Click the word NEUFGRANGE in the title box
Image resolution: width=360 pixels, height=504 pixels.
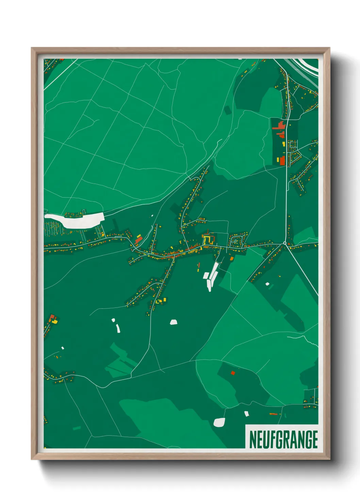[283, 439]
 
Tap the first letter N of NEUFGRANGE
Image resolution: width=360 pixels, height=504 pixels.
[252, 439]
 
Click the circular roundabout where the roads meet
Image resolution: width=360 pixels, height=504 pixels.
[285, 243]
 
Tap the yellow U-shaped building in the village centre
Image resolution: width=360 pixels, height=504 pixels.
[208, 240]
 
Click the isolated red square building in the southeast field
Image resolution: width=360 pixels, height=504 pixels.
[233, 373]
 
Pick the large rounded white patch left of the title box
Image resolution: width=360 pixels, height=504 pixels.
[219, 422]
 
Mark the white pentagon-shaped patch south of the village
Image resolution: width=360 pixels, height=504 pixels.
[174, 322]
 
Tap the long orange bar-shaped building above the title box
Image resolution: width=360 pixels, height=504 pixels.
[273, 414]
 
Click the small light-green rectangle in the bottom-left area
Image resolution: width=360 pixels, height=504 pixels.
[77, 428]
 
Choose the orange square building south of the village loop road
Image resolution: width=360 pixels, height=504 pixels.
[232, 259]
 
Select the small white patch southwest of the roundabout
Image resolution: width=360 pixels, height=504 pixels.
[267, 284]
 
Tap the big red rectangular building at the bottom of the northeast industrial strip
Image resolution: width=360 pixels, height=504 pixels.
[282, 160]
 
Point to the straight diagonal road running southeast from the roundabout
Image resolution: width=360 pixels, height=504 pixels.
[303, 271]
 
